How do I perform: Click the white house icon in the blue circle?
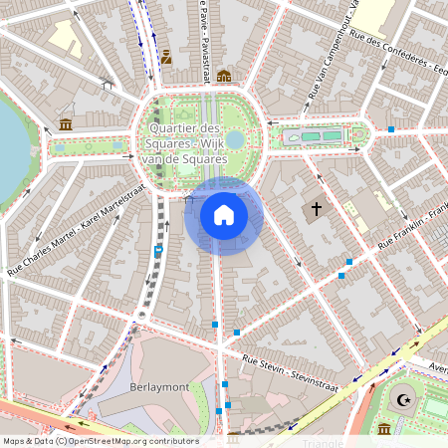pyautogui.click(x=223, y=215)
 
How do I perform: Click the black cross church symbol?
pyautogui.click(x=317, y=209)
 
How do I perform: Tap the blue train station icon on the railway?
pyautogui.click(x=158, y=251)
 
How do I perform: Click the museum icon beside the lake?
pyautogui.click(x=66, y=124)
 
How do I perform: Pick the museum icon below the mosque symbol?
pyautogui.click(x=384, y=429)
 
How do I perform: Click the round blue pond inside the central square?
pyautogui.click(x=235, y=139)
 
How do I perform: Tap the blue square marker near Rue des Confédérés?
pyautogui.click(x=392, y=129)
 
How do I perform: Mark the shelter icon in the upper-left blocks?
pyautogui.click(x=107, y=86)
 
